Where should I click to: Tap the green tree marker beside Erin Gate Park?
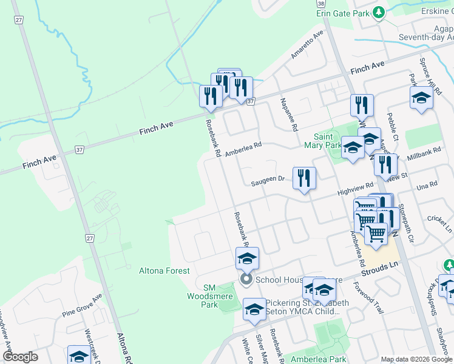379,12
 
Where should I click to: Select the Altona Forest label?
164,271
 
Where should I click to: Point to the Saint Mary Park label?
327,141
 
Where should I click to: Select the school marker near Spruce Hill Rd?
421,98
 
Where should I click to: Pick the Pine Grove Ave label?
82,306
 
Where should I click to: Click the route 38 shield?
320,3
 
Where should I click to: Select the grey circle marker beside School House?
246,280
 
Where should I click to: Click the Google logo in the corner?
21,357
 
